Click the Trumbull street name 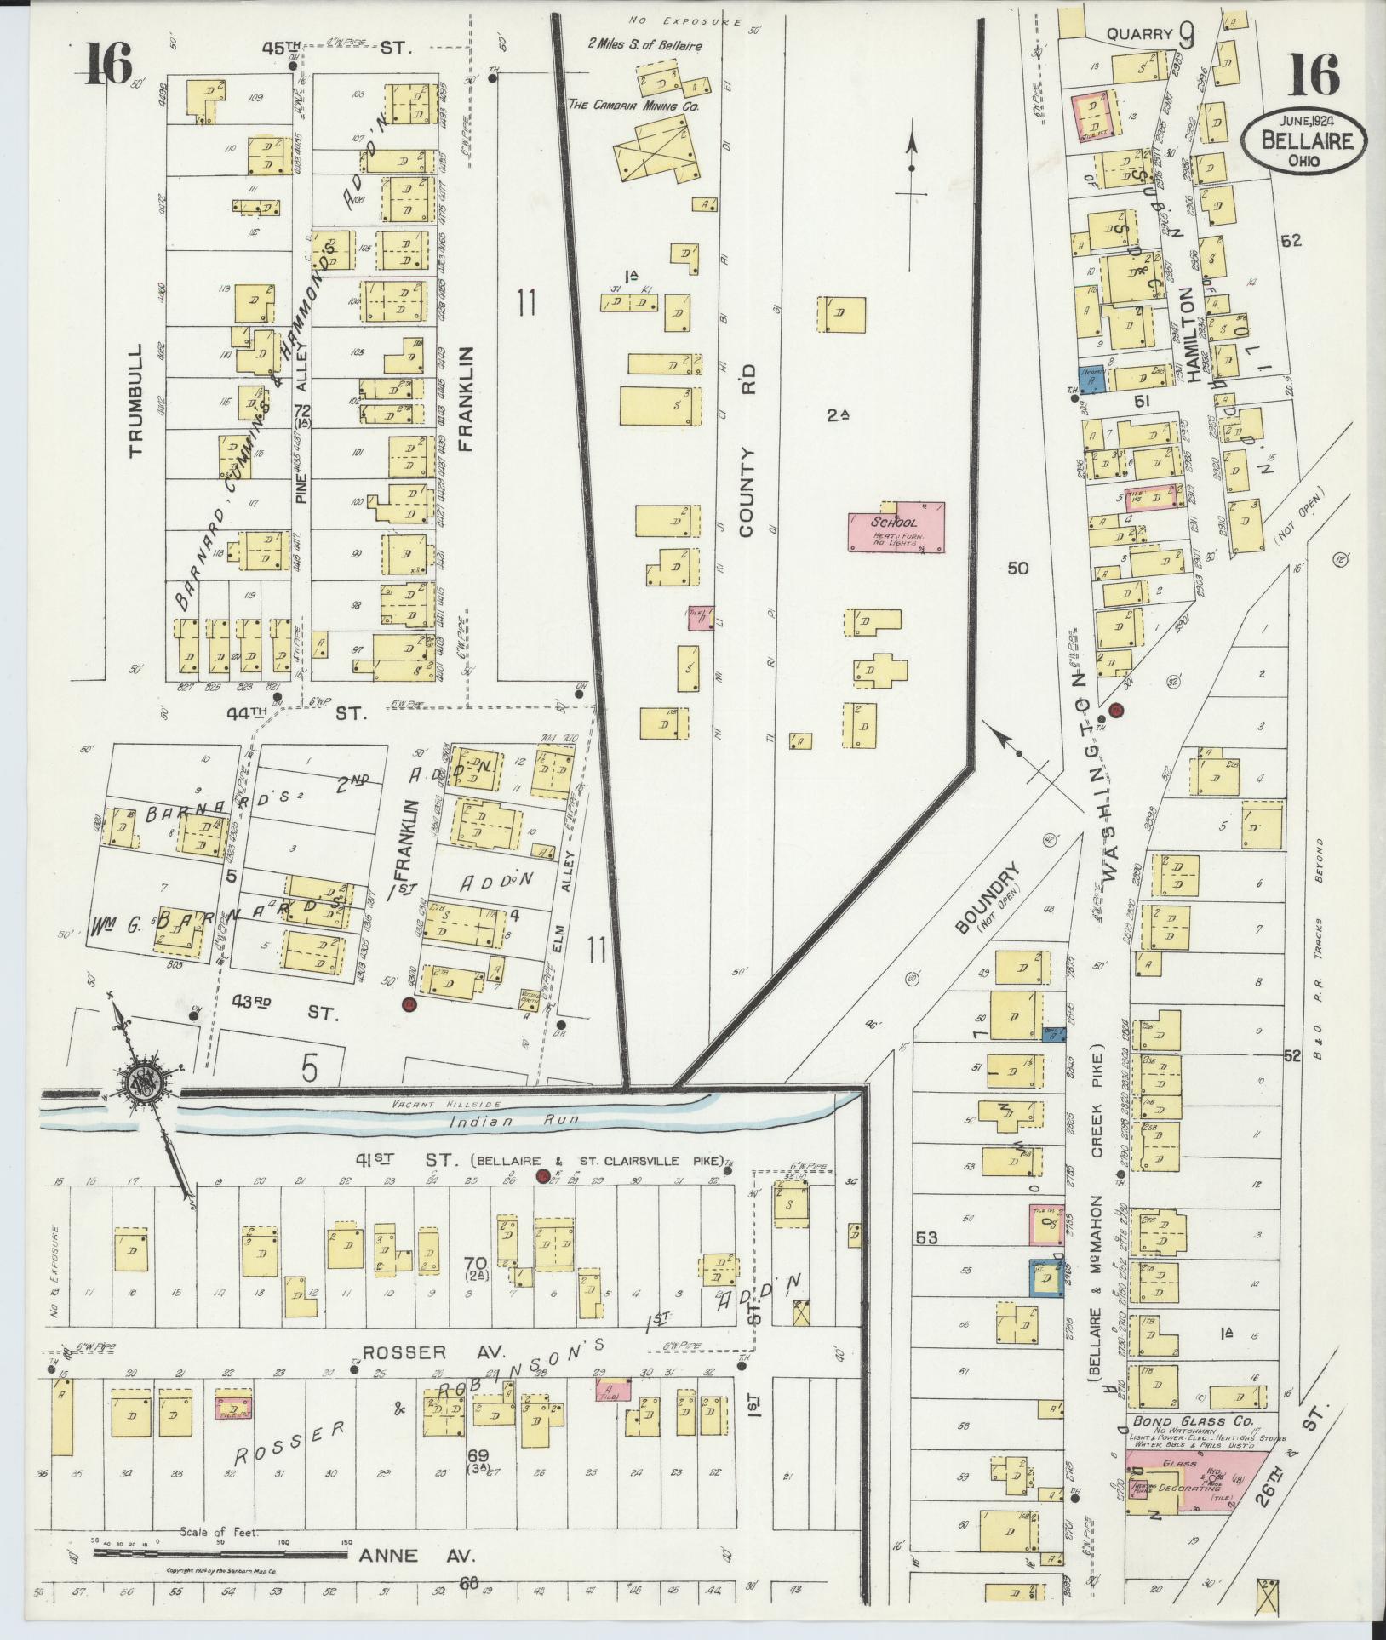point(139,401)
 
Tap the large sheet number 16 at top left point(110,66)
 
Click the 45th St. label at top point(336,49)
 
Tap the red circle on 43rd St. point(409,1005)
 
